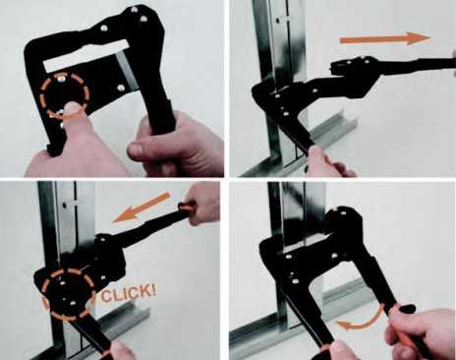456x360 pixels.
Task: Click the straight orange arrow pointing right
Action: click(385, 39)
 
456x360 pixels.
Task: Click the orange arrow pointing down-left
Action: click(142, 207)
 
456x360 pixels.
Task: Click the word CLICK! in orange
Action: click(129, 293)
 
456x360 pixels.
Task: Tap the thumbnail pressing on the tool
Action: click(73, 107)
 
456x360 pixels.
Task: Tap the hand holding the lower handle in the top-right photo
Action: click(327, 162)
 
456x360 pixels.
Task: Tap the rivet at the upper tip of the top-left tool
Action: click(134, 9)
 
